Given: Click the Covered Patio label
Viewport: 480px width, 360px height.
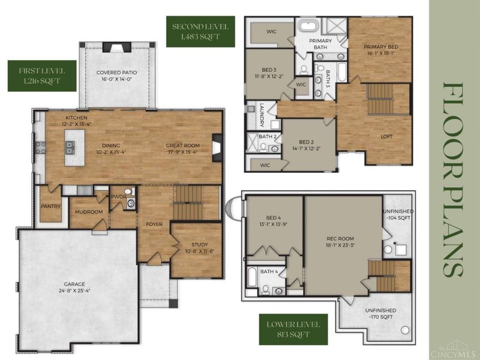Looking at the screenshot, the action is [116, 73].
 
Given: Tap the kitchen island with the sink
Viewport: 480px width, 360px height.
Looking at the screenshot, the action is [74, 148].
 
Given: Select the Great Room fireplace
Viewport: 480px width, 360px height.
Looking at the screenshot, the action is [217, 148].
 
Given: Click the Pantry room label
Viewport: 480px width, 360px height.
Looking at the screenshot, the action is [50, 206].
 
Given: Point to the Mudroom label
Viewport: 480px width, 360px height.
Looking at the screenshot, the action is [89, 212].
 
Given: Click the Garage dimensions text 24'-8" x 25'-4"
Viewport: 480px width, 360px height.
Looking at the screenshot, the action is [74, 291].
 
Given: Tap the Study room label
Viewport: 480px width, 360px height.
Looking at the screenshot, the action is [200, 245].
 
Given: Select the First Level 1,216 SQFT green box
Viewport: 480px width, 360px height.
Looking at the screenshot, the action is [42, 76].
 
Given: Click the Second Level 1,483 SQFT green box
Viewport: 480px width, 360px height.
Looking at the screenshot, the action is [200, 32].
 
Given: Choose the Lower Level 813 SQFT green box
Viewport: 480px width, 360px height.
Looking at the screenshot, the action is [293, 329].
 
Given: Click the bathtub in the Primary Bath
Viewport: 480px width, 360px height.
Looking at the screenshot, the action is [308, 26].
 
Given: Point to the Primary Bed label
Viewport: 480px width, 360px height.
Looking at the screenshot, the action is [381, 47].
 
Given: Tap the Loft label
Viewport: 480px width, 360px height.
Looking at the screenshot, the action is [386, 137].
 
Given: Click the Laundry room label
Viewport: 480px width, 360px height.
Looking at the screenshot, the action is [262, 115].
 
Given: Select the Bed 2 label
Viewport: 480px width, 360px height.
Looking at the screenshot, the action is [306, 142].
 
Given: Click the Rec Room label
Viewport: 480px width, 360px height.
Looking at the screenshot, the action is [340, 238].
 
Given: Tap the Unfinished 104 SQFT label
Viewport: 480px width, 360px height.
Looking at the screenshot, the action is [398, 215].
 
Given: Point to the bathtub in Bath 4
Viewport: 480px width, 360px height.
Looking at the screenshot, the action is [252, 277].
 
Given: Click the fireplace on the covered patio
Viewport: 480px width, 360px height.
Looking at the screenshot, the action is [116, 47].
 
